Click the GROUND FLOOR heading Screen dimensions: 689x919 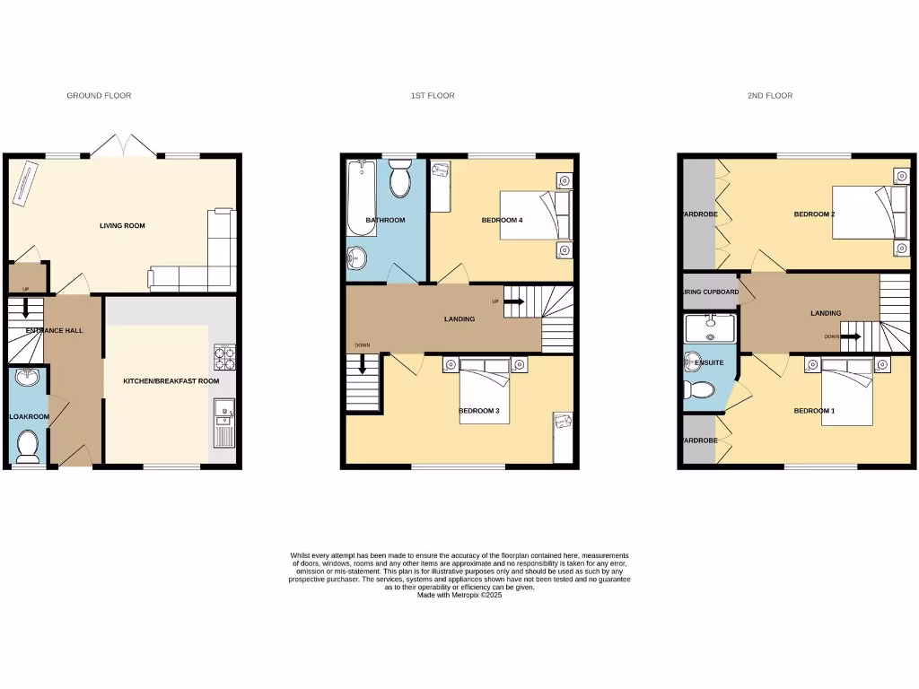pyautogui.click(x=99, y=95)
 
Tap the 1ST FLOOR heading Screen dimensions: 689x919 pyautogui.click(x=433, y=95)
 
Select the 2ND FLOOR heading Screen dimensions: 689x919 pyautogui.click(x=769, y=95)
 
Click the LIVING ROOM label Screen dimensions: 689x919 pyautogui.click(x=122, y=226)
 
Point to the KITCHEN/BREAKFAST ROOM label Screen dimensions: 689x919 pyautogui.click(x=171, y=381)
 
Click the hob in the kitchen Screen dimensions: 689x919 pyautogui.click(x=224, y=359)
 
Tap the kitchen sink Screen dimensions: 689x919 pyautogui.click(x=223, y=414)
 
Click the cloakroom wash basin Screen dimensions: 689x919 pyautogui.click(x=29, y=377)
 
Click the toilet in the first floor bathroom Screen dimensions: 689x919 pyautogui.click(x=400, y=180)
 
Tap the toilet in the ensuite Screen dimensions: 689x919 pyautogui.click(x=699, y=390)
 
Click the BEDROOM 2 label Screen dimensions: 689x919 pyautogui.click(x=814, y=214)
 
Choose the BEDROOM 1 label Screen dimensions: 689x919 pyautogui.click(x=814, y=411)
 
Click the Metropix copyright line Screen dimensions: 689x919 pyautogui.click(x=459, y=595)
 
